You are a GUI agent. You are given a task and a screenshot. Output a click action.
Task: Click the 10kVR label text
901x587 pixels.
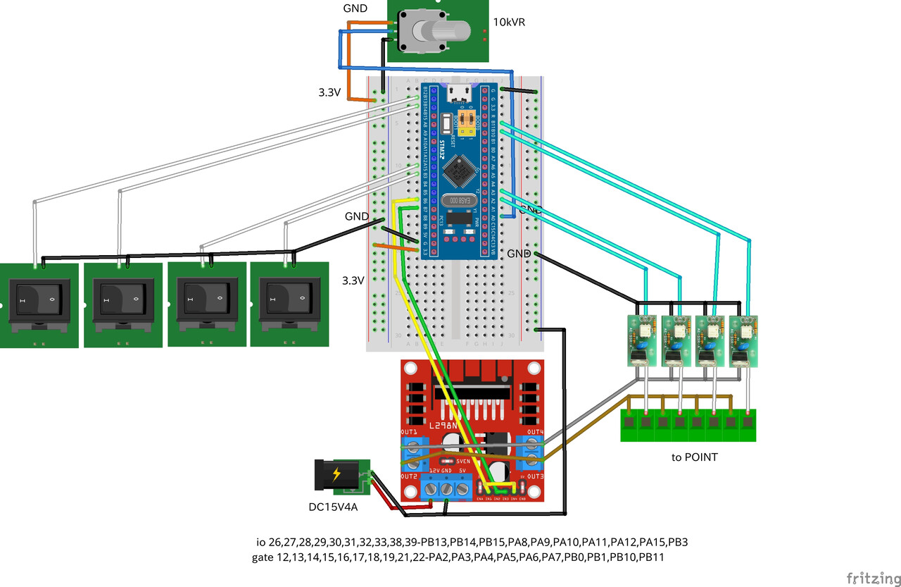point(508,23)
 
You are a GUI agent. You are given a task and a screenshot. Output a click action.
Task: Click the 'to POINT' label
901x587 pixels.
point(694,457)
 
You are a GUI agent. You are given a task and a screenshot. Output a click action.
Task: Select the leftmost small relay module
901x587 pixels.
point(641,340)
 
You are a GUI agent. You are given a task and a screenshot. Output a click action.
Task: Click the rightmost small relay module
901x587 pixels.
point(745,340)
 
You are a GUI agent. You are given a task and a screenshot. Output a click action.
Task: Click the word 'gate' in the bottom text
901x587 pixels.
point(263,557)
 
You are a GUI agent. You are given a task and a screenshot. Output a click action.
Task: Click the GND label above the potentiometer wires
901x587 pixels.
point(355,8)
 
